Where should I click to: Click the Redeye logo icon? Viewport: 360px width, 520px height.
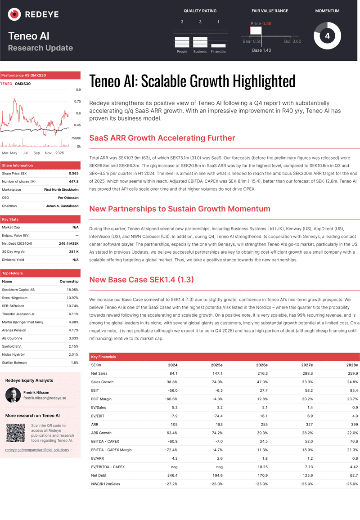pyautogui.click(x=15, y=14)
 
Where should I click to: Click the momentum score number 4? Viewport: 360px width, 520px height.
pyautogui.click(x=327, y=36)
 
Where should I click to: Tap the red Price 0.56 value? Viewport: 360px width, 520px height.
pyautogui.click(x=267, y=23)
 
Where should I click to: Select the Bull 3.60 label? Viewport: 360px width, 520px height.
pyautogui.click(x=292, y=41)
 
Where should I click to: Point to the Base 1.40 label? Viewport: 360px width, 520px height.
pyautogui.click(x=261, y=50)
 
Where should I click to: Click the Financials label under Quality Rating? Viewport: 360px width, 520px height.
pyautogui.click(x=218, y=52)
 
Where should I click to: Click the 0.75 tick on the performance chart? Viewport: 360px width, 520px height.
pyautogui.click(x=78, y=102)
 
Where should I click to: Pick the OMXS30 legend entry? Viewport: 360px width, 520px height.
pyautogui.click(x=22, y=84)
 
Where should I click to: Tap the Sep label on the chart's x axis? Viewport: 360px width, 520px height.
pyautogui.click(x=36, y=153)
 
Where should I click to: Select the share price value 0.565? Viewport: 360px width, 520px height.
pyautogui.click(x=73, y=174)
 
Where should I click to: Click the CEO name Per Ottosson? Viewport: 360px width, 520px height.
pyautogui.click(x=68, y=198)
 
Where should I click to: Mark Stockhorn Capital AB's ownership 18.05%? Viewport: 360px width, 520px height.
pyautogui.click(x=72, y=290)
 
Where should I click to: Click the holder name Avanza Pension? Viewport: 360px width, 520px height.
pyautogui.click(x=14, y=330)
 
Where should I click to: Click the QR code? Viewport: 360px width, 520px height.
pyautogui.click(x=15, y=432)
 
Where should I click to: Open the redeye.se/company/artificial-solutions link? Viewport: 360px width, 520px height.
pyautogui.click(x=37, y=450)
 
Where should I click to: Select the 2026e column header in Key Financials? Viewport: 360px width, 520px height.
pyautogui.click(x=261, y=365)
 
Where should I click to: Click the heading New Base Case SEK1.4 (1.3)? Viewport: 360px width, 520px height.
pyautogui.click(x=141, y=280)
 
